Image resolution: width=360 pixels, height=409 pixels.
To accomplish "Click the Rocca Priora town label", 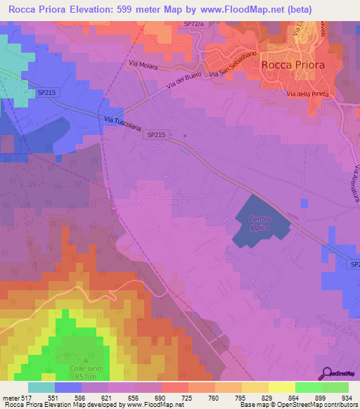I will pos(293,64).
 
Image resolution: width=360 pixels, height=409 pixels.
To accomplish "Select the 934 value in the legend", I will pos(347,397).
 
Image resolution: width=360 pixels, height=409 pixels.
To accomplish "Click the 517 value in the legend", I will pos(22,397).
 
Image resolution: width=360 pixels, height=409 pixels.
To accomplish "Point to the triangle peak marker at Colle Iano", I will pos(85,360).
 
